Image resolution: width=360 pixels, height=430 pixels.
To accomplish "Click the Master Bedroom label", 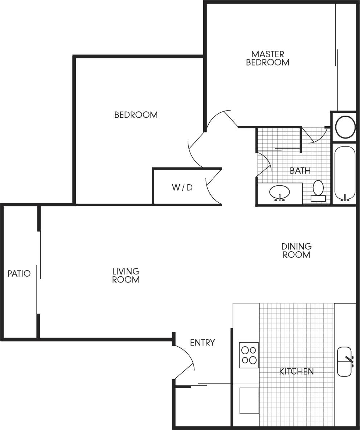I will (x=267, y=58).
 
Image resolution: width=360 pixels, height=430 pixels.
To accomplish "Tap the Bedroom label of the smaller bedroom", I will (x=136, y=115).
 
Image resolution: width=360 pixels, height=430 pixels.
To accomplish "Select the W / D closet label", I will (x=182, y=188).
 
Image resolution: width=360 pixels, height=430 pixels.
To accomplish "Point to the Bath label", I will (x=300, y=170).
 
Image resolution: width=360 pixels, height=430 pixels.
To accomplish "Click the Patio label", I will (x=19, y=273).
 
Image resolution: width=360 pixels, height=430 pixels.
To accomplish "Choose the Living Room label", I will (x=126, y=276).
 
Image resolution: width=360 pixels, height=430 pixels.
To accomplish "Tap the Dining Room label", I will (x=296, y=251).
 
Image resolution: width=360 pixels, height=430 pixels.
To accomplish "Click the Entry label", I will (x=202, y=343).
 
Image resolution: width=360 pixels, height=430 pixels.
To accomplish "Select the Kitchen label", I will (x=296, y=371).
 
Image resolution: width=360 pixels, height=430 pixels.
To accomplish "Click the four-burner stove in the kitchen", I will (x=249, y=355).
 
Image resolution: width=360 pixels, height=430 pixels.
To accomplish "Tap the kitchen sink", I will (x=345, y=361).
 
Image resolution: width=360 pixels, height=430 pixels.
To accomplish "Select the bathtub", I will (x=344, y=173).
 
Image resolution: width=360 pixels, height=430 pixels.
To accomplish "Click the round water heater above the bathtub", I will (x=344, y=127).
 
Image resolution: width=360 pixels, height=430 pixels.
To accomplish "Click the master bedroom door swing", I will (x=222, y=116).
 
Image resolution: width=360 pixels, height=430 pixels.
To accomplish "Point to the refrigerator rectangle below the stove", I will (x=249, y=401).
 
